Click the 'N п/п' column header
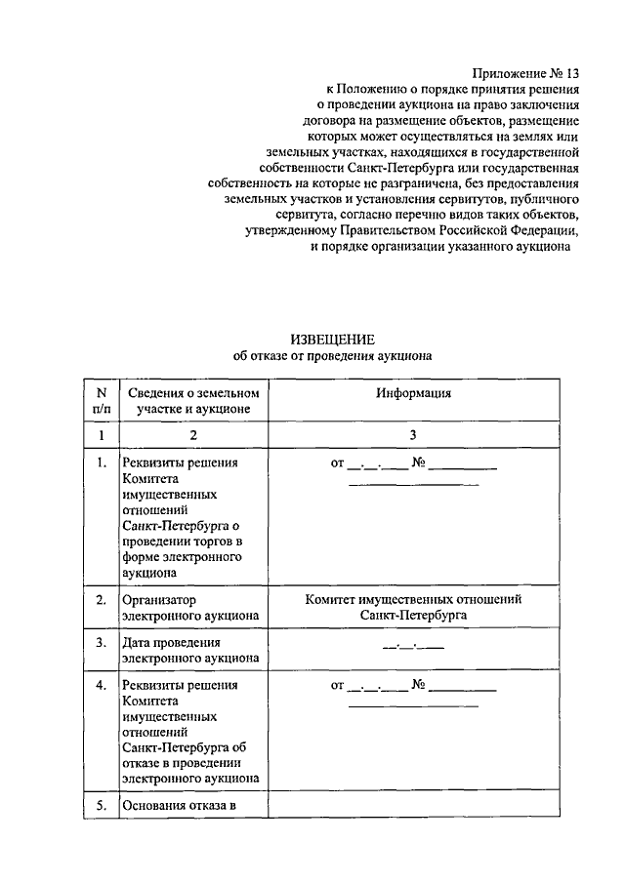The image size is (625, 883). point(101,401)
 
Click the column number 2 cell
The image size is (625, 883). point(193,435)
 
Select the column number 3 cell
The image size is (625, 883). point(414,435)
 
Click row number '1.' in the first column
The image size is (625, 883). point(101,463)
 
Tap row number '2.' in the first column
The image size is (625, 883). point(101,599)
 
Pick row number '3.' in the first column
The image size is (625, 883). point(101,643)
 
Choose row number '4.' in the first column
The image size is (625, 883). point(101,685)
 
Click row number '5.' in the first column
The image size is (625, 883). point(101,805)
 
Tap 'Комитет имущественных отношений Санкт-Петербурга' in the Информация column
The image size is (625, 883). point(414,608)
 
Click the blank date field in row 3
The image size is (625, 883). point(414,645)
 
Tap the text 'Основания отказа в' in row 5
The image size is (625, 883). point(180,805)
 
